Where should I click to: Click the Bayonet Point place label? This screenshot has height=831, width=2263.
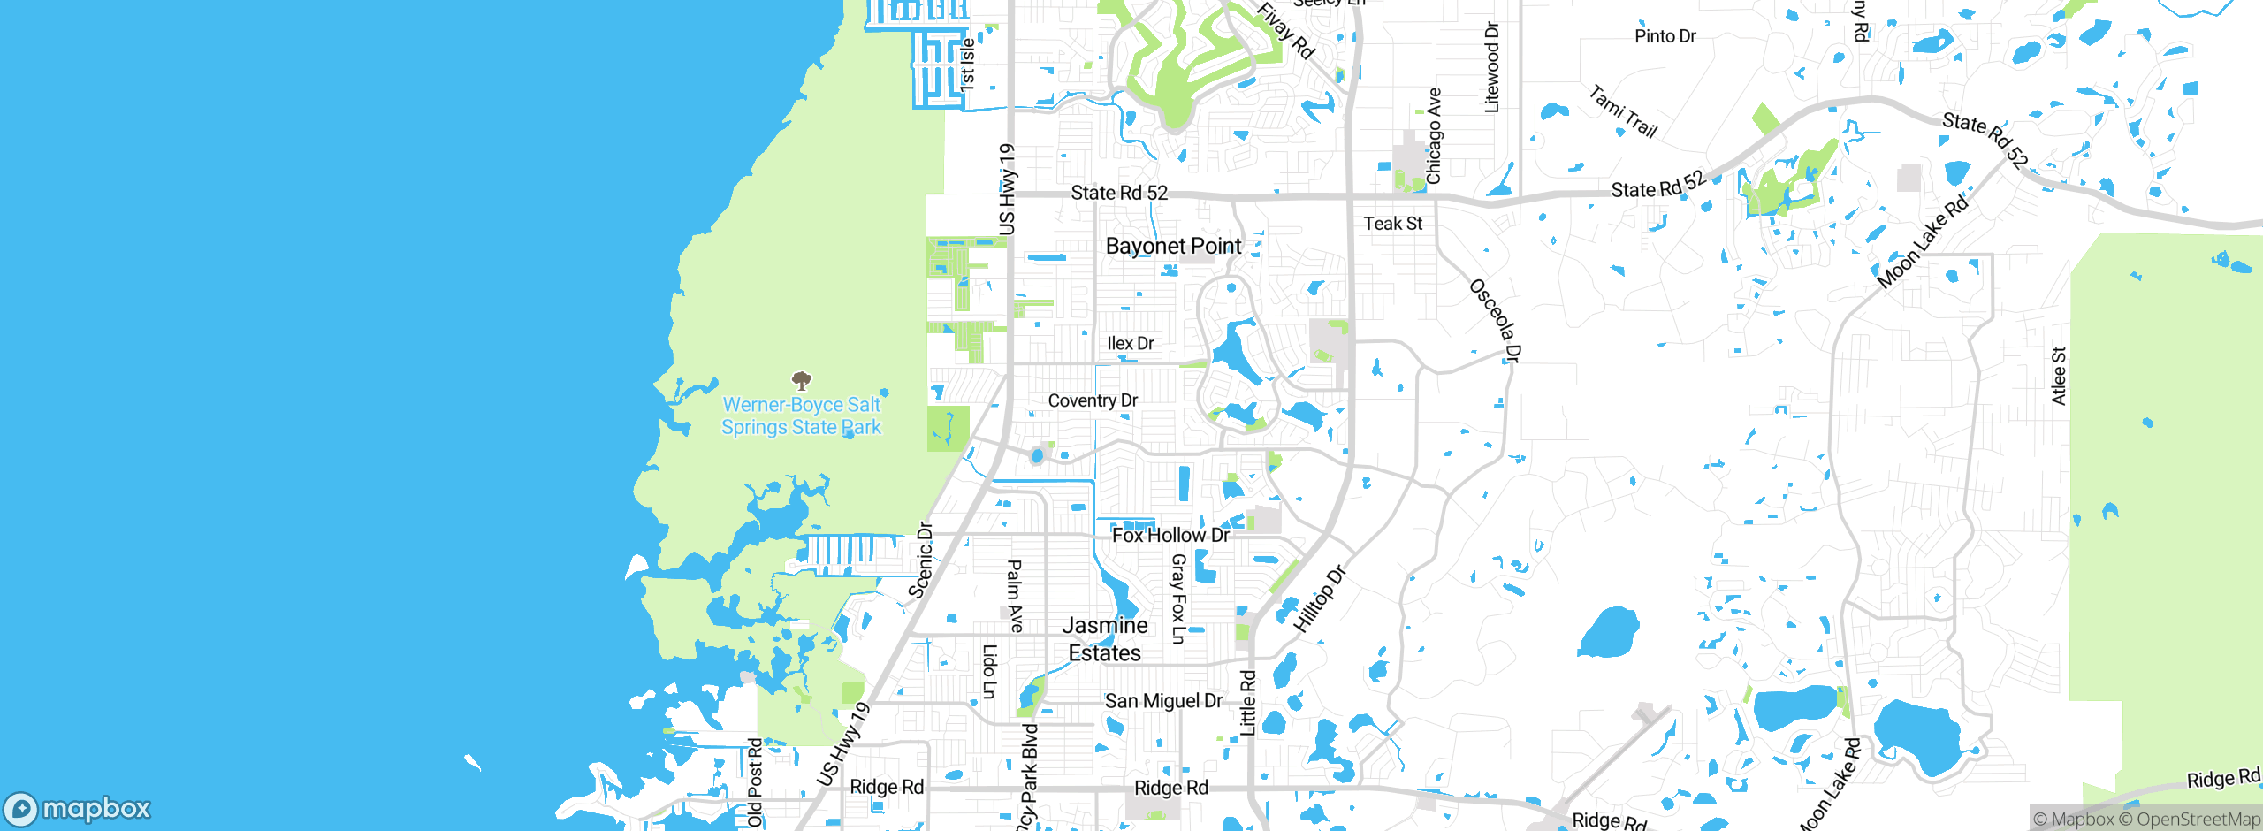click(x=1173, y=246)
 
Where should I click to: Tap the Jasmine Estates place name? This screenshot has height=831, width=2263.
click(x=1104, y=639)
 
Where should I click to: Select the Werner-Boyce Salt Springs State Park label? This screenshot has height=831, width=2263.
click(x=801, y=415)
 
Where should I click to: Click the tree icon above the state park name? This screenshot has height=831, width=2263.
click(x=801, y=381)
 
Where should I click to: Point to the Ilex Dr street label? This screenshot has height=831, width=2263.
click(x=1130, y=343)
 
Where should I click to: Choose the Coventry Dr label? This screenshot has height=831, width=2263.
click(x=1093, y=400)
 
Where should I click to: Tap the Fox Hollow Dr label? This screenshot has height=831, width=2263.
click(x=1170, y=535)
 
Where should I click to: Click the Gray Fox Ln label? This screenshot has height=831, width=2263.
click(x=1177, y=598)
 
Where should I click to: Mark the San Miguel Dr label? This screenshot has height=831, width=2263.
click(x=1163, y=701)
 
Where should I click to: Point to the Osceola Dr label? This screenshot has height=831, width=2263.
click(x=1495, y=320)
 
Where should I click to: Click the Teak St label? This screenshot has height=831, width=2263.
click(x=1392, y=224)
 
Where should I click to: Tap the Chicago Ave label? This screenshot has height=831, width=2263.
click(x=1434, y=136)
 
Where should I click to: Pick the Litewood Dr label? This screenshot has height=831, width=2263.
click(x=1492, y=67)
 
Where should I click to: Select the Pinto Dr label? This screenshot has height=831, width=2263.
click(x=1665, y=36)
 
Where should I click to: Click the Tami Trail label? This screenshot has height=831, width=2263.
click(x=1623, y=111)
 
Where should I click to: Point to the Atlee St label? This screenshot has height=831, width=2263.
click(x=2059, y=377)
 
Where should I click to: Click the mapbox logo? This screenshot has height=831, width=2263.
click(x=78, y=808)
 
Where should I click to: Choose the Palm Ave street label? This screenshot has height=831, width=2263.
click(x=1015, y=596)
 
